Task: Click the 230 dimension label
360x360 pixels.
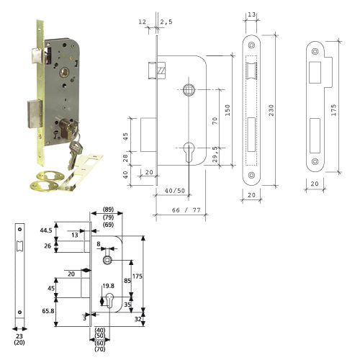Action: click(x=271, y=110)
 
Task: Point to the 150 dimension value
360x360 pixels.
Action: click(x=228, y=110)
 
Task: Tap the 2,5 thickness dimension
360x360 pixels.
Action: click(x=166, y=22)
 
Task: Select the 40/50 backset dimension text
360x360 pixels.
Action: click(x=175, y=191)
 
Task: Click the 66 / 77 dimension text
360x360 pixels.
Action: click(x=186, y=210)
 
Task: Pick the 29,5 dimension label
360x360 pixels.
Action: click(x=215, y=154)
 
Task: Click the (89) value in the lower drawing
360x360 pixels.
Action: click(x=108, y=210)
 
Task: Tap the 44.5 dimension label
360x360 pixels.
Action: click(x=46, y=230)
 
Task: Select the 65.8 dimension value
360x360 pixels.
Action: click(x=48, y=311)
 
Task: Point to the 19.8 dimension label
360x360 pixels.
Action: click(x=108, y=286)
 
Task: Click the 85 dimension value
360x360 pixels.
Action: click(x=127, y=281)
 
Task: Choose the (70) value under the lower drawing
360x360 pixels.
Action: click(x=100, y=349)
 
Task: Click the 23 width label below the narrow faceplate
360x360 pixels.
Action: click(x=19, y=336)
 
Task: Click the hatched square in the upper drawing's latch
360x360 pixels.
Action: click(x=161, y=71)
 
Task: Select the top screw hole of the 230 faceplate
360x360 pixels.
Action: click(x=251, y=45)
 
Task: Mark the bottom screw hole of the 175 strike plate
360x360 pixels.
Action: click(x=315, y=161)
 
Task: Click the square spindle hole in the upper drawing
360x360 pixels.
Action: click(x=189, y=90)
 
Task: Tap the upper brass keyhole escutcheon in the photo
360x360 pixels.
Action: click(x=50, y=176)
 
